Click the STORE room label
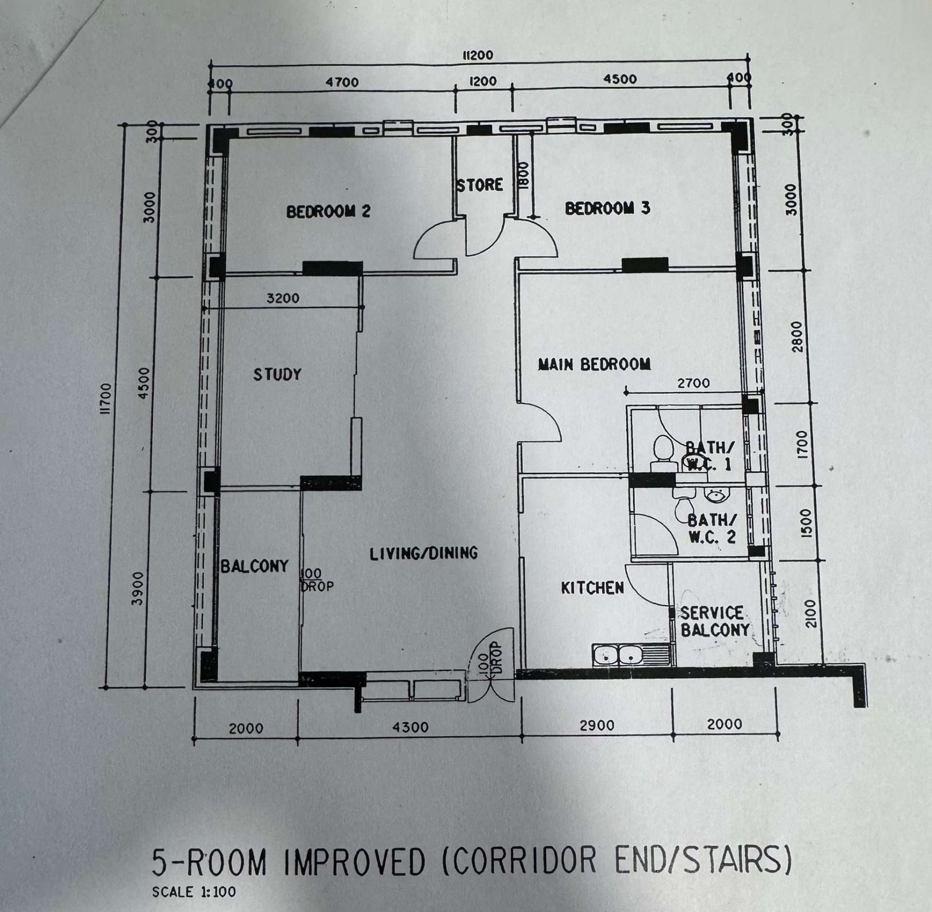click(x=479, y=185)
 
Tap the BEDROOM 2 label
click(x=328, y=211)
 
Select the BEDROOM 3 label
click(x=608, y=208)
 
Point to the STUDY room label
click(x=277, y=374)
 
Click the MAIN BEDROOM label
click(x=594, y=365)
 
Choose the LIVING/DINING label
click(x=424, y=553)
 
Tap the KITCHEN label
click(x=592, y=588)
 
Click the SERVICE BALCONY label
click(x=715, y=621)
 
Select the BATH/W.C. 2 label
click(x=712, y=528)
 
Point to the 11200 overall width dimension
click(x=477, y=55)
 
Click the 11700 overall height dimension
click(x=105, y=398)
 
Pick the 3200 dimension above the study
click(x=283, y=298)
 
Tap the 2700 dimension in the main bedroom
click(x=694, y=383)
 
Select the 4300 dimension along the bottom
click(x=411, y=727)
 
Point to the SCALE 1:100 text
click(x=194, y=892)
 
